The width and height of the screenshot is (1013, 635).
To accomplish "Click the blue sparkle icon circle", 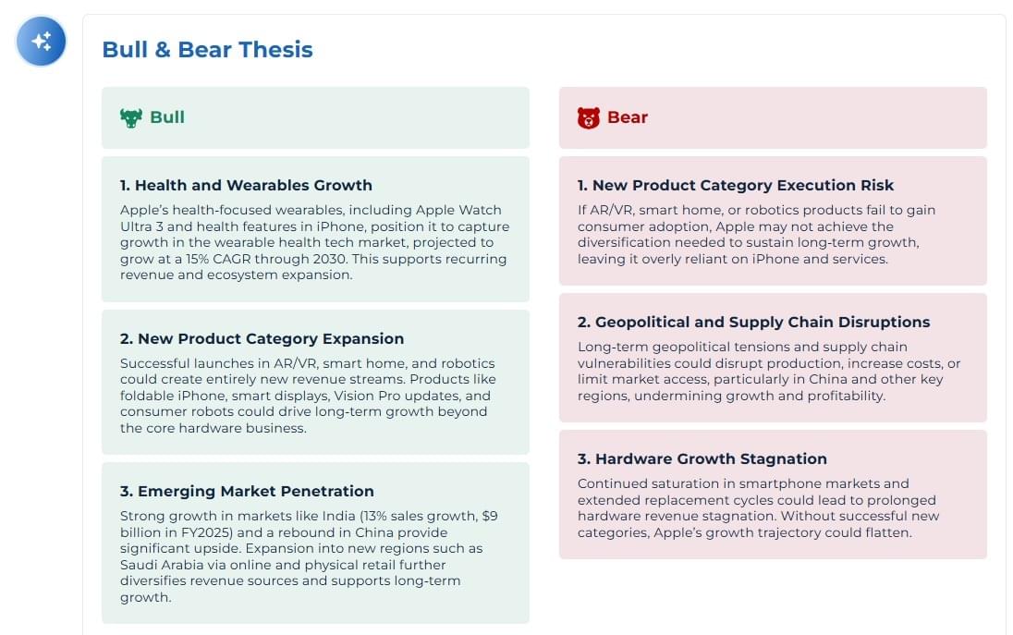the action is (x=41, y=42).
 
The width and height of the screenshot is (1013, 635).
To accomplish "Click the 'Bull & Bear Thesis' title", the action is (x=207, y=50).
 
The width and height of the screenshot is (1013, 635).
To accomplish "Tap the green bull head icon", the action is (x=131, y=117).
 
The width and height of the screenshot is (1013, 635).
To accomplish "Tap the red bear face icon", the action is (x=589, y=117).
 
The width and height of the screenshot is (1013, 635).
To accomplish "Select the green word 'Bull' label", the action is (x=167, y=116).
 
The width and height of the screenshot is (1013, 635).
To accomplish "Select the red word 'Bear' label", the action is (x=628, y=116).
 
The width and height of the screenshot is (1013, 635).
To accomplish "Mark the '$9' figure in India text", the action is (x=490, y=516).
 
